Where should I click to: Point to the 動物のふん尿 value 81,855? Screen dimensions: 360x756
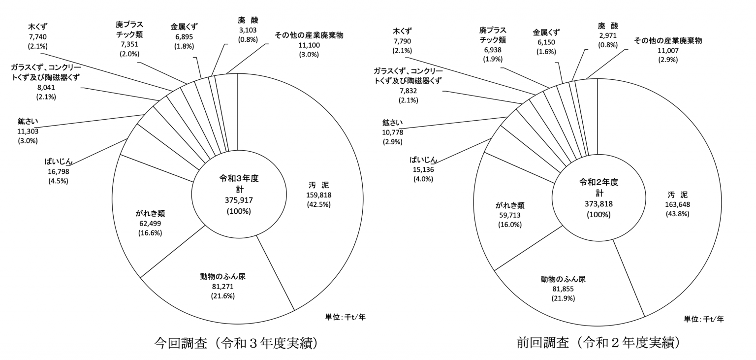562,289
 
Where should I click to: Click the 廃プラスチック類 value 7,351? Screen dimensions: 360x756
129,45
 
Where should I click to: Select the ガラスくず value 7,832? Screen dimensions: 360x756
408,91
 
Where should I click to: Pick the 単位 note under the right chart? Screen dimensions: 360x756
703,319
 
